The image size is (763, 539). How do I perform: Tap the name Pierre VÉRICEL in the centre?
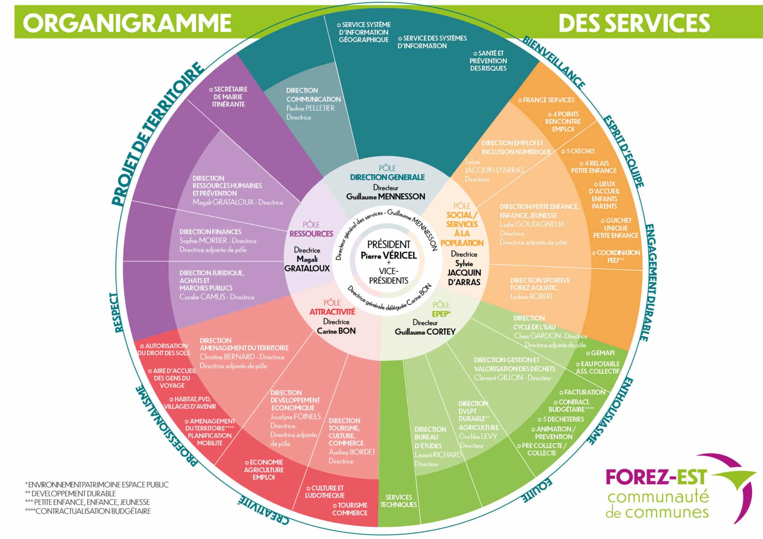[389, 256]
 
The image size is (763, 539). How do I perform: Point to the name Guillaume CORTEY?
[425, 332]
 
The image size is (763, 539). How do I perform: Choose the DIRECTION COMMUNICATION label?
[313, 95]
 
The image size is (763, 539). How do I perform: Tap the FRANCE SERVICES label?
[548, 100]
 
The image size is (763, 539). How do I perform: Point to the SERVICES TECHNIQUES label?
[399, 501]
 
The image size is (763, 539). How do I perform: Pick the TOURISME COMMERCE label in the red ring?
[350, 509]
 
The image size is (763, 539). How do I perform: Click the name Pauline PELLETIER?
[310, 108]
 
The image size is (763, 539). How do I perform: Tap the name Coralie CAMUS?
[202, 297]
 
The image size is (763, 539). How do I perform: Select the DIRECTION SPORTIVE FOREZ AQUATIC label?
[539, 284]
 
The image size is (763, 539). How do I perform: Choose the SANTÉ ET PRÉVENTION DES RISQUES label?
[488, 61]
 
